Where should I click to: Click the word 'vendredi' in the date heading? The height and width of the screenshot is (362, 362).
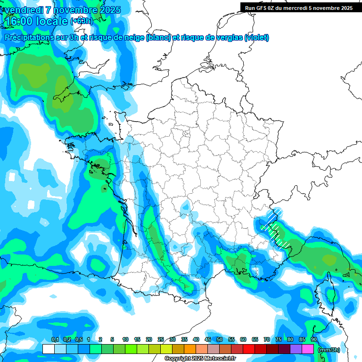(24, 10)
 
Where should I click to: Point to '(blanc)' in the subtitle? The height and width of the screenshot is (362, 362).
(158, 38)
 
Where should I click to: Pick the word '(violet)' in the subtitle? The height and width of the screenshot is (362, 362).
(256, 38)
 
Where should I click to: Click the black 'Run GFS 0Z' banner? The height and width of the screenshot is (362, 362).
(299, 8)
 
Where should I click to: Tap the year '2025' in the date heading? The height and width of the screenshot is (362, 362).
(108, 10)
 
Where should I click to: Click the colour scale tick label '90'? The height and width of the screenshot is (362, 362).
(313, 339)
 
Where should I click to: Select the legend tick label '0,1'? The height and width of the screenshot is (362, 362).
(55, 339)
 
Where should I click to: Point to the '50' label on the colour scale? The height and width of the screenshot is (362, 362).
(220, 339)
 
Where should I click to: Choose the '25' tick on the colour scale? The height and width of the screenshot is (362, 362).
(161, 339)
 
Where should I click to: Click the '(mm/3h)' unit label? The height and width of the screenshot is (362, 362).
(329, 350)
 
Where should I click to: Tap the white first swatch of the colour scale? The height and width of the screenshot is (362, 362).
(48, 349)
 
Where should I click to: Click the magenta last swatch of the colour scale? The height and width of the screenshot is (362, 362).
(308, 349)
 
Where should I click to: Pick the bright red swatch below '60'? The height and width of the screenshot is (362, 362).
(249, 349)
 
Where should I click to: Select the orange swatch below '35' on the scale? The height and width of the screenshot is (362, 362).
(190, 349)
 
